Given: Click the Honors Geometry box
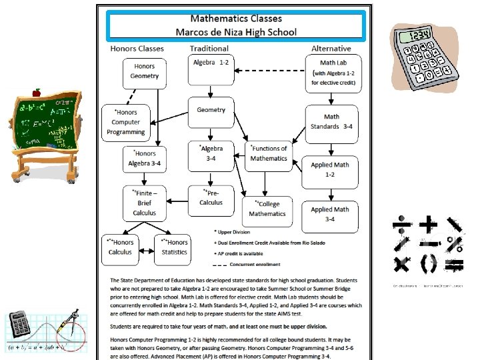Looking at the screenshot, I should pos(145,72).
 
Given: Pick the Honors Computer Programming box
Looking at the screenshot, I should pos(125,122).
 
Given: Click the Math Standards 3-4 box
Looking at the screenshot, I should pos(331,122).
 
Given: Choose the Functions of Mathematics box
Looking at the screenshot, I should pos(269,155).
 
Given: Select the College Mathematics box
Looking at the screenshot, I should pos(267,209).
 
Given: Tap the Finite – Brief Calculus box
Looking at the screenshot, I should pos(144,203).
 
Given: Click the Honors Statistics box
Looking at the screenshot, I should pos(174,247).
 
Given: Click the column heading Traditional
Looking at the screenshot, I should pos(209,49).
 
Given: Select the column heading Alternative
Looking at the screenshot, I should pos(331,49).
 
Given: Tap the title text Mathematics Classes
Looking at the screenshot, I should pos(236,19).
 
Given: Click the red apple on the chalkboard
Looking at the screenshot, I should pos(37,92).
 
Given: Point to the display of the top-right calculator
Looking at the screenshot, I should pos(419,35).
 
